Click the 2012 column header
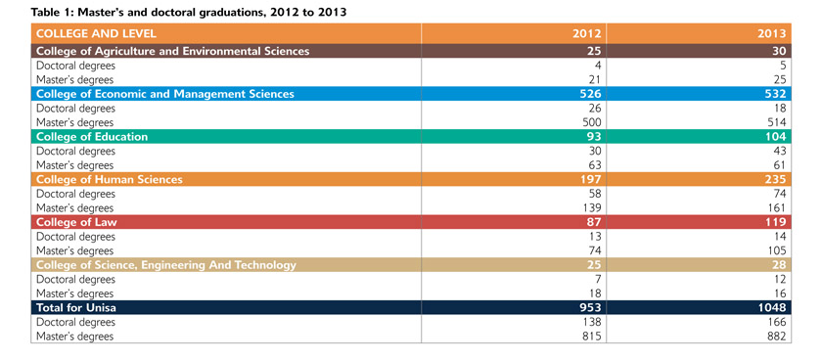coord(588,33)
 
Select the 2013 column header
coord(772,33)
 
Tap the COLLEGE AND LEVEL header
coord(96,33)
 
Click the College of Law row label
coord(76,222)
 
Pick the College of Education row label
coord(92,137)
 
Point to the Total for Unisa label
coord(76,307)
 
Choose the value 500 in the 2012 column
coord(591,122)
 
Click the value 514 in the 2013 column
coord(776,122)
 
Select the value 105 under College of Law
coord(776,250)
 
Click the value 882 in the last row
coord(776,336)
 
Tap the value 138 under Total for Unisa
coord(591,322)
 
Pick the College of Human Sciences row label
coord(110,179)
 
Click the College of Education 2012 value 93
coord(594,137)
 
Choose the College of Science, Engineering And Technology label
coord(166,265)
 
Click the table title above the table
coord(189,13)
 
